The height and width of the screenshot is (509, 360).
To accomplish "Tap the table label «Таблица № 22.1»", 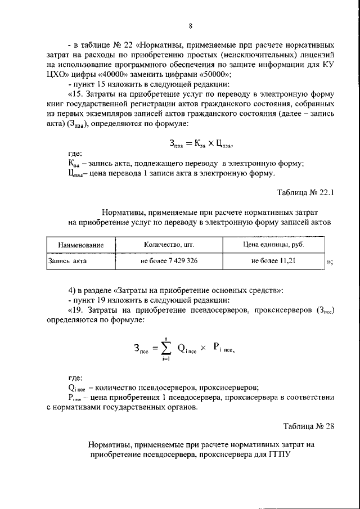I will point(306,192).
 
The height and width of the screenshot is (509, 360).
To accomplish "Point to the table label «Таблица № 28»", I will point(309,425).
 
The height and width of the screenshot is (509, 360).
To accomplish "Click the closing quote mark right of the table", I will point(330,263).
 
